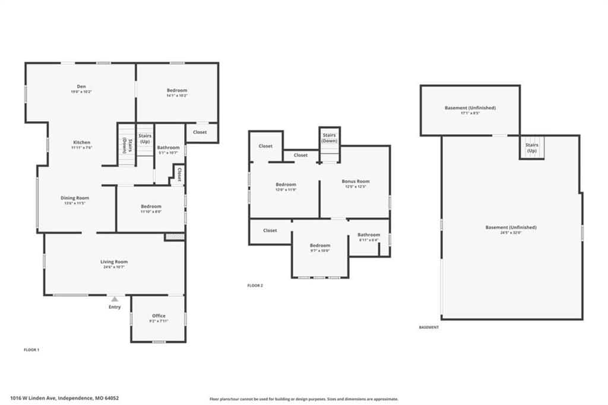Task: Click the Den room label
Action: click(x=81, y=87)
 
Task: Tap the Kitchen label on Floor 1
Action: click(x=81, y=143)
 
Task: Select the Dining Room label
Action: click(x=75, y=198)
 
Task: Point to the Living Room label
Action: click(x=114, y=262)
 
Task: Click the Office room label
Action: click(x=159, y=316)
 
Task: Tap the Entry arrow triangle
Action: click(x=115, y=299)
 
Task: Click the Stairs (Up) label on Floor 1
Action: click(x=145, y=138)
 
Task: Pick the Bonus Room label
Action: click(x=356, y=181)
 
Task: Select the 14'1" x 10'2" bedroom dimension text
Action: click(x=177, y=96)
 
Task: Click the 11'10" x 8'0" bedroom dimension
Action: click(x=151, y=211)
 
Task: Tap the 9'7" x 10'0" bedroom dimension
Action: click(x=320, y=251)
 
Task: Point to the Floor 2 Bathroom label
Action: click(x=369, y=235)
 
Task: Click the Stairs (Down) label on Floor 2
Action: click(x=329, y=138)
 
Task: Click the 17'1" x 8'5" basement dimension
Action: click(x=470, y=113)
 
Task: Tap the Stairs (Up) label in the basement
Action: click(x=532, y=147)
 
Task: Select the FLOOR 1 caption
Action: click(x=31, y=350)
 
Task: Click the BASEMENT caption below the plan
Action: click(x=429, y=327)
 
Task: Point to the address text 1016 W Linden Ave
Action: click(x=33, y=398)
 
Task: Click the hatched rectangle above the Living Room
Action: click(x=174, y=236)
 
